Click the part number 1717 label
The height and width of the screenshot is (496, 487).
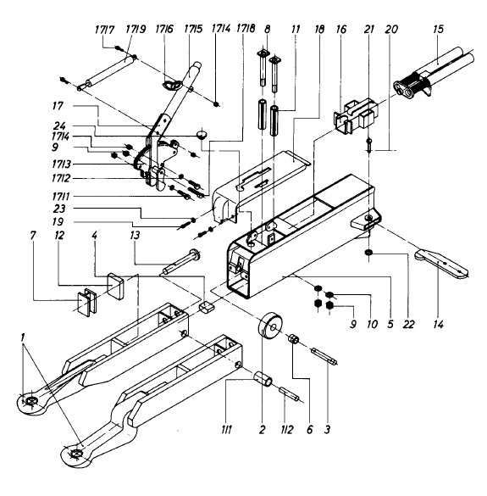click(x=104, y=30)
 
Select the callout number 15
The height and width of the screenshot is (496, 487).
click(x=438, y=30)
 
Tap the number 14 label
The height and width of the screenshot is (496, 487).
click(x=438, y=324)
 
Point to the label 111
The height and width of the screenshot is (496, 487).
click(x=227, y=429)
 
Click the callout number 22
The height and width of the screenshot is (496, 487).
click(x=408, y=324)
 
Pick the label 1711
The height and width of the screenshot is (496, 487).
click(x=61, y=197)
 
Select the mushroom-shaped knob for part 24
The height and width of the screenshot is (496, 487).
click(x=202, y=133)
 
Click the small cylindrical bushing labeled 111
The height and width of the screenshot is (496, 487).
click(x=264, y=378)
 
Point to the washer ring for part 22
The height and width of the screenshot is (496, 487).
click(x=368, y=253)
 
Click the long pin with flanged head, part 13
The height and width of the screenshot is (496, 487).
click(x=181, y=263)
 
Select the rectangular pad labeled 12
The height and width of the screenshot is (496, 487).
click(x=115, y=286)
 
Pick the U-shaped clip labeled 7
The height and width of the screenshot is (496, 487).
click(x=86, y=303)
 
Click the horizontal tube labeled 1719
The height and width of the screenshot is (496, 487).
click(x=108, y=71)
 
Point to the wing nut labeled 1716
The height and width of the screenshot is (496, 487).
click(x=173, y=85)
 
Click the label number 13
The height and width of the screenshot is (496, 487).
click(x=135, y=236)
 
